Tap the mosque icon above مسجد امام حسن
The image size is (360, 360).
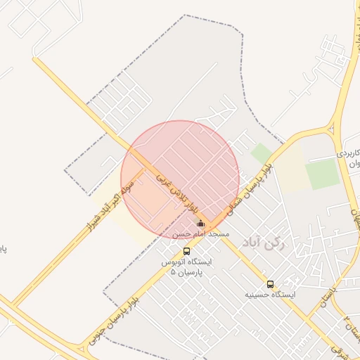pyautogui.click(x=200, y=224)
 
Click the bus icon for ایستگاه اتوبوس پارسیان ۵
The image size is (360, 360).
pyautogui.click(x=186, y=251)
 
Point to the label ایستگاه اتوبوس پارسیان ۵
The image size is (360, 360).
pyautogui.click(x=186, y=266)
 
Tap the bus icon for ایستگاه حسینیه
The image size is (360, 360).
pyautogui.click(x=270, y=285)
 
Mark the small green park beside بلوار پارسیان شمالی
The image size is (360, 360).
pyautogui.click(x=261, y=153)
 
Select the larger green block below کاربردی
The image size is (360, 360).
pyautogui.click(x=322, y=174)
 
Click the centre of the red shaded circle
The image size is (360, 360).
pyautogui.click(x=180, y=179)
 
